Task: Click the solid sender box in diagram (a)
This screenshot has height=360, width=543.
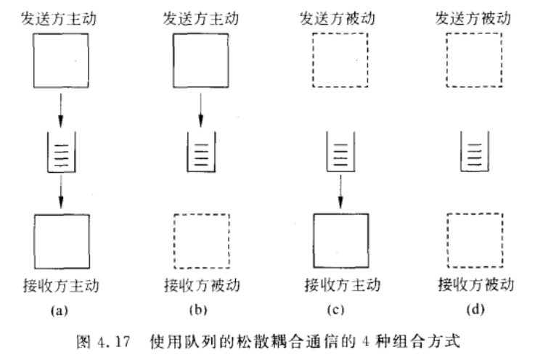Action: pyautogui.click(x=62, y=58)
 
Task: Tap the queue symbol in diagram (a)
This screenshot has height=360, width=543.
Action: pyautogui.click(x=62, y=151)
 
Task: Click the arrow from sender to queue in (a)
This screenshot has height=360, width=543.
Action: pyautogui.click(x=62, y=106)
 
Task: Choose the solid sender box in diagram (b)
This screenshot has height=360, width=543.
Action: pyautogui.click(x=200, y=58)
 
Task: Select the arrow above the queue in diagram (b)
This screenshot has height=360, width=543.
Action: pyautogui.click(x=200, y=106)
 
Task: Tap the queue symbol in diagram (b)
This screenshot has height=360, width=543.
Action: pyautogui.click(x=200, y=151)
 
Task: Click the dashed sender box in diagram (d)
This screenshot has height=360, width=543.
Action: pyautogui.click(x=472, y=58)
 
